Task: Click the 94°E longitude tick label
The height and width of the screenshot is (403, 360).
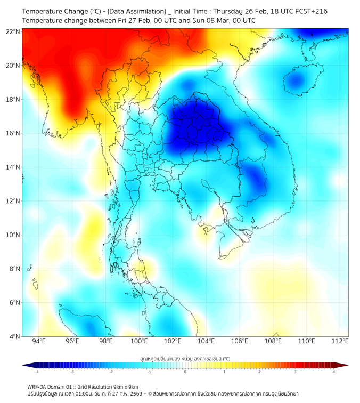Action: (39, 341)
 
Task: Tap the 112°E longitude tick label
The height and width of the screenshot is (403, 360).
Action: (340, 341)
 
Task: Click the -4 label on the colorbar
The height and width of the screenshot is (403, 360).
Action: (36, 372)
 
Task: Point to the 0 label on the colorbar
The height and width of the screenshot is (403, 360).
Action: (185, 372)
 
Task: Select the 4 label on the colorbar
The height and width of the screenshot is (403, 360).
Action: (333, 372)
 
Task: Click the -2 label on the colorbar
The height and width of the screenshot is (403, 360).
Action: (110, 372)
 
